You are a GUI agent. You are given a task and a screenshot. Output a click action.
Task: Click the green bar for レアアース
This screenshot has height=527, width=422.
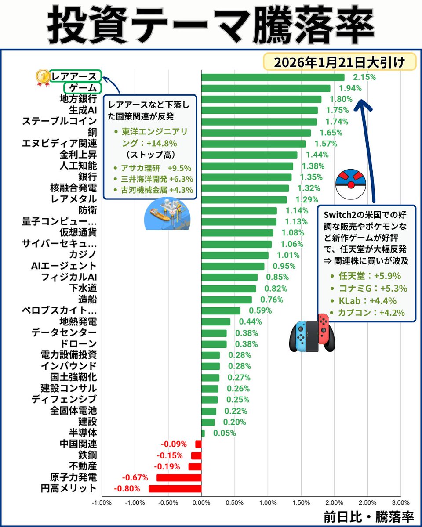tap(273, 77)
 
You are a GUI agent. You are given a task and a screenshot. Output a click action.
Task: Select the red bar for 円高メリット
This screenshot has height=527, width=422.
tap(175, 488)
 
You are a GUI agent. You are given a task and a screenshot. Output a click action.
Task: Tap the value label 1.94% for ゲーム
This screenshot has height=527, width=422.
tap(350, 88)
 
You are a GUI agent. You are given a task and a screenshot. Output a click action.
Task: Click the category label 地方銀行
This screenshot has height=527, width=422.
tap(78, 99)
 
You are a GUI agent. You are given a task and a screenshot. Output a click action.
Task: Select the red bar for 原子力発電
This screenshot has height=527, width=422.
tap(179, 477)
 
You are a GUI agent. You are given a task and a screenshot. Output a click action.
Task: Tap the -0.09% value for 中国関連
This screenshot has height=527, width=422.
tap(174, 444)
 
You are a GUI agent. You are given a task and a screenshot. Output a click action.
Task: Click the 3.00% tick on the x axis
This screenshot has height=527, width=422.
tap(400, 502)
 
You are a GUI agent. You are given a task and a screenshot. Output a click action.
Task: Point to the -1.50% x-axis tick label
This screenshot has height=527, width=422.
tap(102, 502)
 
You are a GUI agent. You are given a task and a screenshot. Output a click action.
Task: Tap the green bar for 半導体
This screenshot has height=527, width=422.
tap(203, 433)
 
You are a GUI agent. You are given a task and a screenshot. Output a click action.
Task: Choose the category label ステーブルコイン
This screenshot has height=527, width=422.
tap(59, 121)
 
